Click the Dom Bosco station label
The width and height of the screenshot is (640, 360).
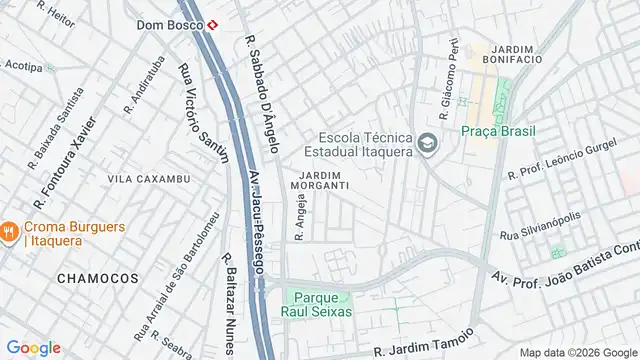[170, 24]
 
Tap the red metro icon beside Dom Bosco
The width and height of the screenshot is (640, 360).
[213, 25]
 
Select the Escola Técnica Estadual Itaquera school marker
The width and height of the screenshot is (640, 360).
[427, 145]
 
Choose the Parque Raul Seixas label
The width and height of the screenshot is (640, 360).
[320, 305]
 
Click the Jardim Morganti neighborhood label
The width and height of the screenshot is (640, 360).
[320, 179]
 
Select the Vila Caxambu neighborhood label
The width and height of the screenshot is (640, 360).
[148, 179]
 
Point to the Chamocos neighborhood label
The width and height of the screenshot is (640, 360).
[97, 276]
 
